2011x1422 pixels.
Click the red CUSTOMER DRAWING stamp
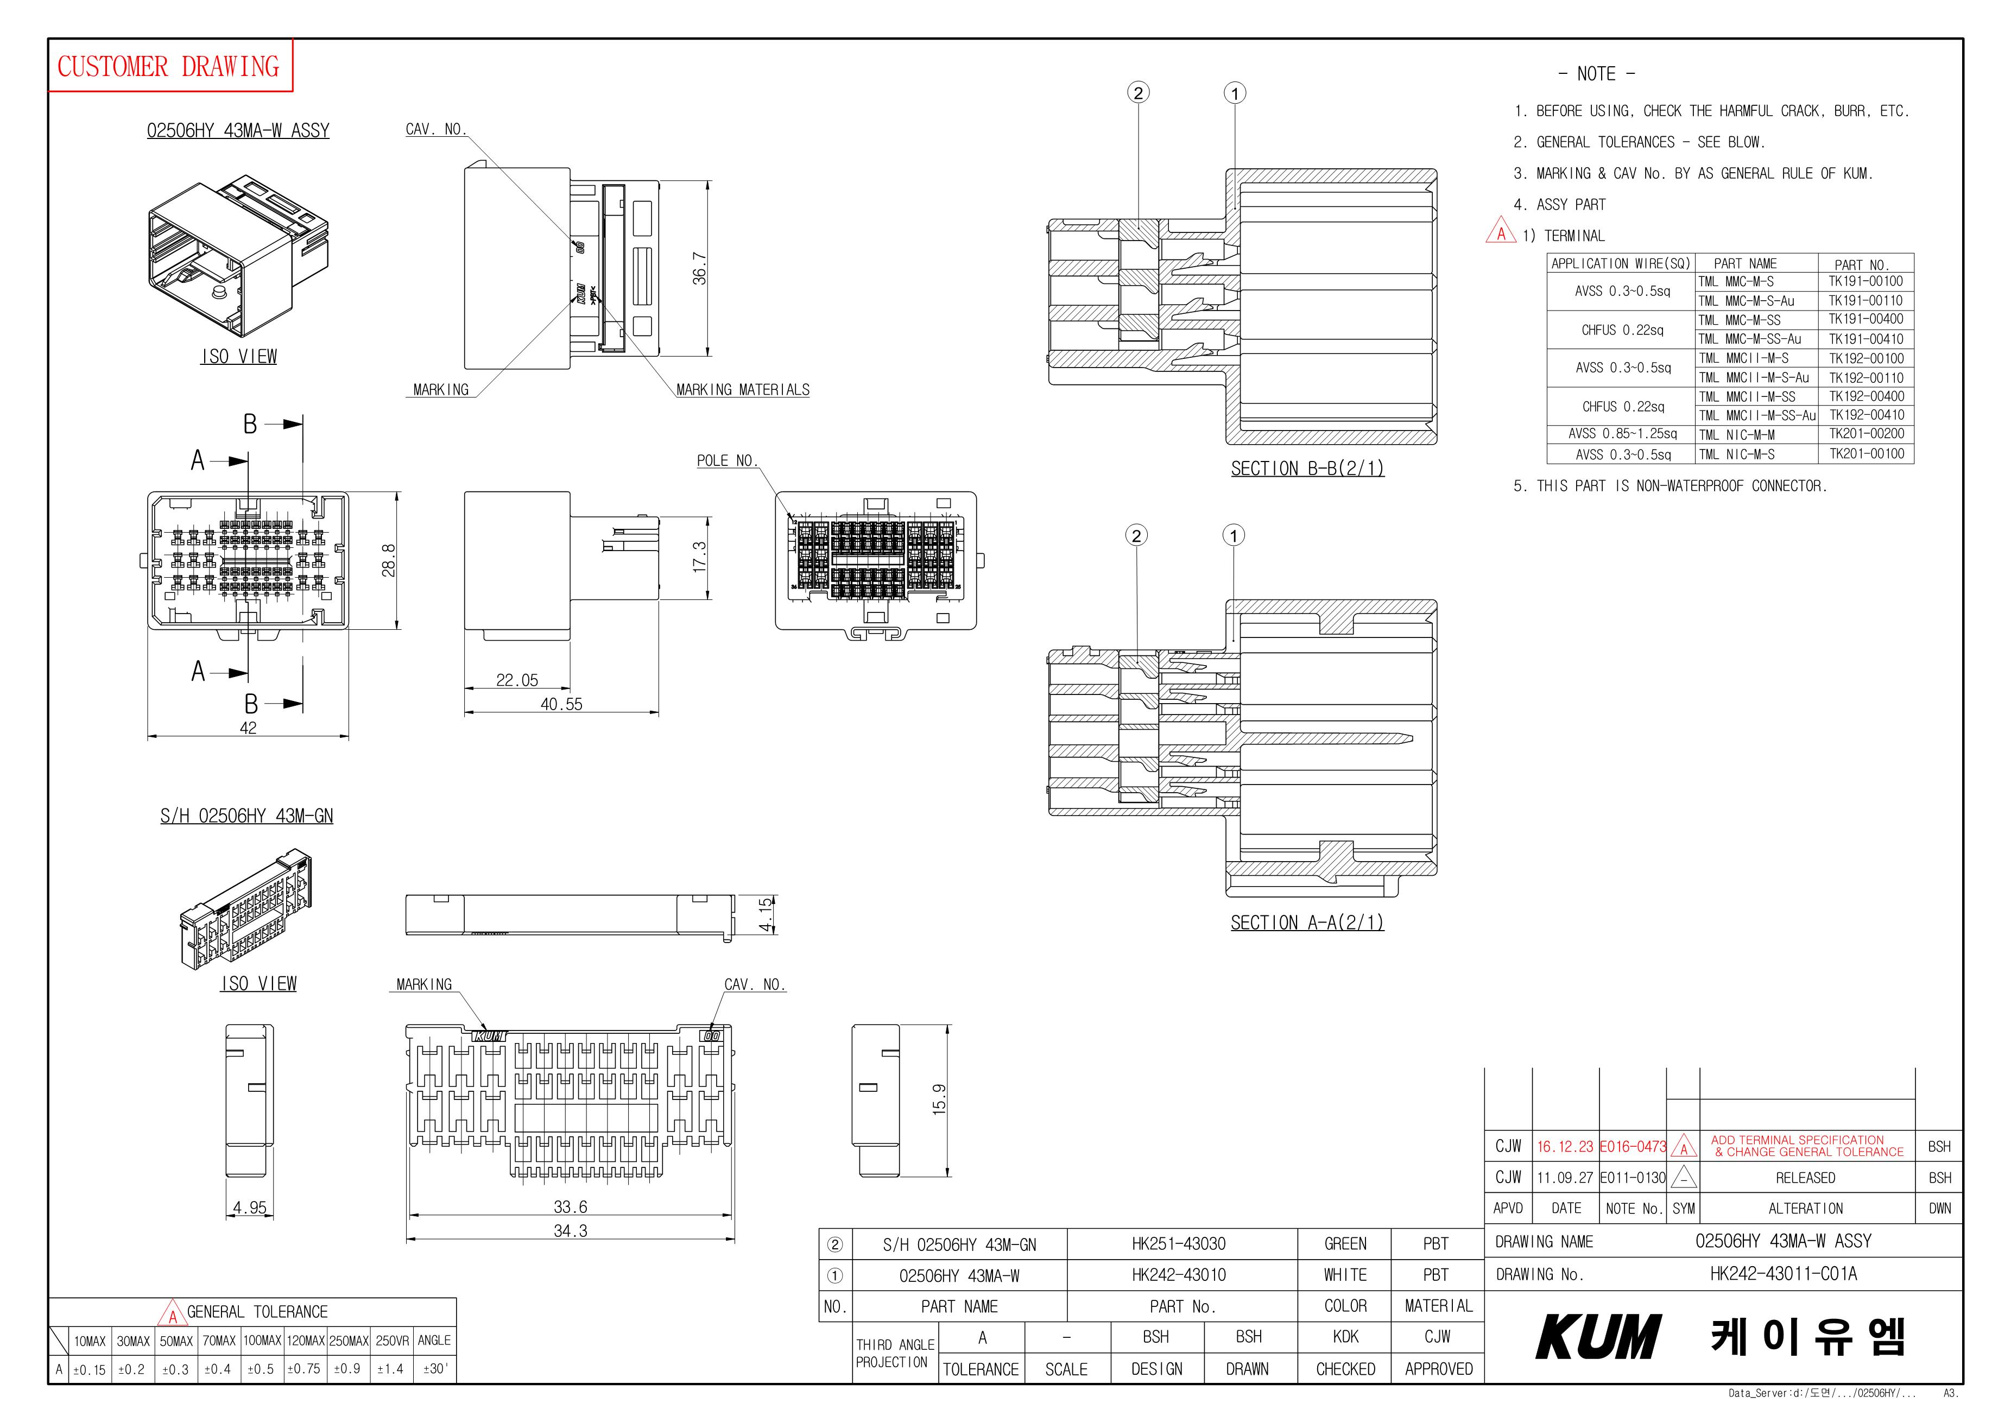point(168,67)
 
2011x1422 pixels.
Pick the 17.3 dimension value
point(699,557)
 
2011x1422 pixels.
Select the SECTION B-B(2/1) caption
point(1307,469)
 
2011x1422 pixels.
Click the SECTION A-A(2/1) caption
point(1307,922)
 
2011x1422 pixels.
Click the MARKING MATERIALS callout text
point(743,390)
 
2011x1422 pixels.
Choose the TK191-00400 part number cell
point(1865,319)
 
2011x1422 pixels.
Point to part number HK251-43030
point(1178,1244)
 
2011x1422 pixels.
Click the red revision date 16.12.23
point(1565,1147)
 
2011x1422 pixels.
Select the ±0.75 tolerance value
point(304,1369)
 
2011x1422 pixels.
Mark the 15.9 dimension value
point(939,1099)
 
